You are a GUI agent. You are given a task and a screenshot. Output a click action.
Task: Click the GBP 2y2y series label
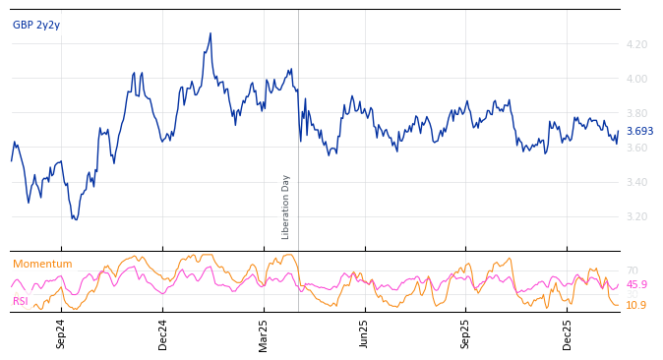tap(36, 26)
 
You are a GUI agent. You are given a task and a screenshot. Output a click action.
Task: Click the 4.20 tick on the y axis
tap(636, 44)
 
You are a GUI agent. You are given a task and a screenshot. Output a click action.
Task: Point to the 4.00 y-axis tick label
tap(636, 79)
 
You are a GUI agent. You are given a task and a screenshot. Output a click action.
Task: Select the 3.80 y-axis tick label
tap(636, 113)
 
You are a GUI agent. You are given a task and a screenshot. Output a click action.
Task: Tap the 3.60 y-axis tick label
tap(636, 148)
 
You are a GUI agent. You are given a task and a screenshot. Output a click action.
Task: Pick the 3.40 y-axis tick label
tap(636, 182)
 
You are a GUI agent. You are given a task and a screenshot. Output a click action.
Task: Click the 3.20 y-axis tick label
tap(636, 216)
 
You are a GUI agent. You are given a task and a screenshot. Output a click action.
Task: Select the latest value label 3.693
tap(639, 132)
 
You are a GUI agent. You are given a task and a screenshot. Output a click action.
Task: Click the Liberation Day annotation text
tap(286, 207)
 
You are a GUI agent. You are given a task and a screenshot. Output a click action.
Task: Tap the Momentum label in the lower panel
tap(42, 265)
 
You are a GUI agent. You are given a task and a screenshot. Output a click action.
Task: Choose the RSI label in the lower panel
tap(21, 301)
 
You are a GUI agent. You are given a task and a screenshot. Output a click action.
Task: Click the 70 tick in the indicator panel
tap(633, 270)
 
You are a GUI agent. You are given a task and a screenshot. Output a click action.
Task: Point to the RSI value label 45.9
tap(636, 285)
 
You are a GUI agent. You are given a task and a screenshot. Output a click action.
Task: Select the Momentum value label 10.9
tap(636, 306)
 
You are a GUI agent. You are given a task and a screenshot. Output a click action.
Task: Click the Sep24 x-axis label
tap(61, 334)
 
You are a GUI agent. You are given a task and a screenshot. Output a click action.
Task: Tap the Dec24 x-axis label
tap(163, 334)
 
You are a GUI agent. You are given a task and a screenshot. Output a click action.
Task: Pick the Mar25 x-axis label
tap(264, 334)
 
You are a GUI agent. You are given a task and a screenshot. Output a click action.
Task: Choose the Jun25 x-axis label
tap(365, 334)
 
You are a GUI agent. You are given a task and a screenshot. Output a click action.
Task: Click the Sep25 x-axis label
tap(466, 334)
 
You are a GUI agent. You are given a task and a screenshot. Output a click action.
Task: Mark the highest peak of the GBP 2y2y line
tap(211, 33)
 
